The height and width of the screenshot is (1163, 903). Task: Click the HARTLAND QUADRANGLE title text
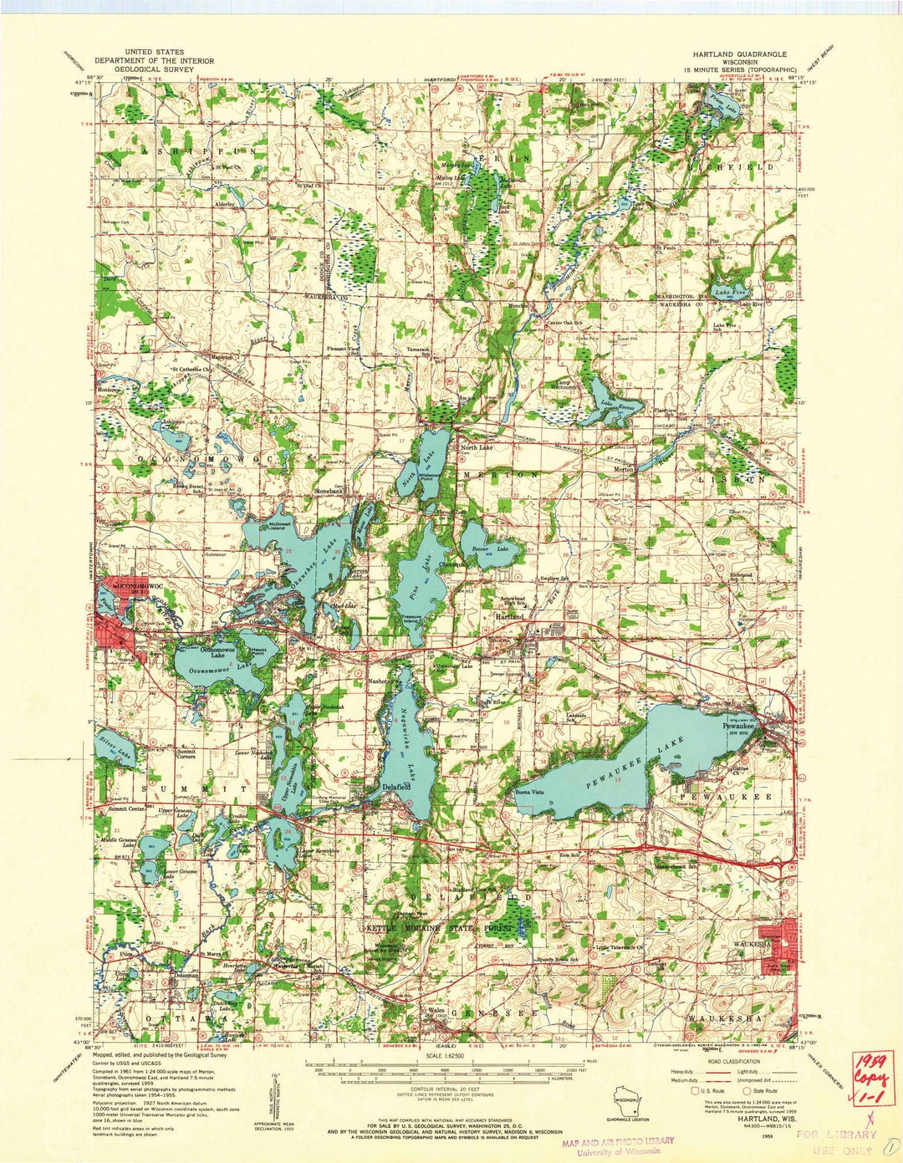733,54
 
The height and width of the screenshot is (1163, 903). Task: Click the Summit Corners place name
186,753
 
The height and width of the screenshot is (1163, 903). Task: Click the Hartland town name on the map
510,616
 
